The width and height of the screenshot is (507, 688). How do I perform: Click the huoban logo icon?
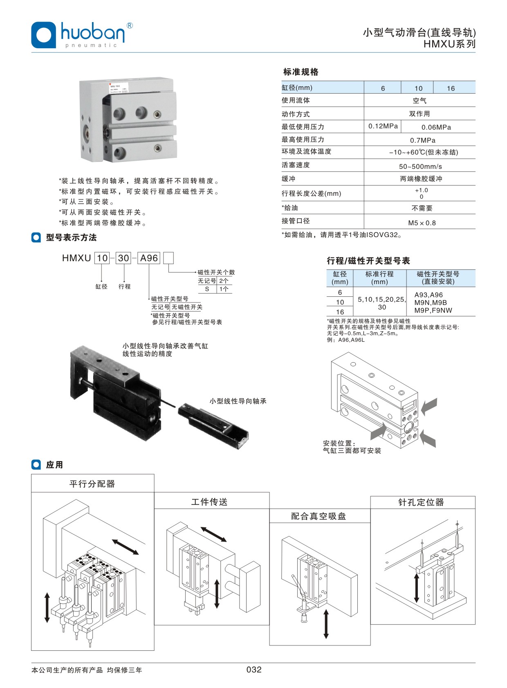pos(43,35)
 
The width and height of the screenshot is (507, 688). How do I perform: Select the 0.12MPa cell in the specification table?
pos(383,126)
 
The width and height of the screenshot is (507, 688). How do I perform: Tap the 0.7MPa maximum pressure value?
pos(422,140)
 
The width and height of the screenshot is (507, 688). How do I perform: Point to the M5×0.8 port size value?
pos(422,223)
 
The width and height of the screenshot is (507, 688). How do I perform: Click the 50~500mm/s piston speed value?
pos(420,166)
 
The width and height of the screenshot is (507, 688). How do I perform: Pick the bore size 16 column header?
pos(451,88)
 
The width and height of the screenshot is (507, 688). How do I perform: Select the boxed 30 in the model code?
pos(123,258)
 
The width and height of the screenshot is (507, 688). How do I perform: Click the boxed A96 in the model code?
pos(149,258)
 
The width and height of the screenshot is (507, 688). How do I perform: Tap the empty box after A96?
pos(168,258)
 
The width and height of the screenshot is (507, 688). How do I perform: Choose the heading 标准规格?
pos(301,72)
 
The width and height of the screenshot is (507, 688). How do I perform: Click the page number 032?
pos(254,670)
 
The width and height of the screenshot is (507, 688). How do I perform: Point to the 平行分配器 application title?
pos(92,484)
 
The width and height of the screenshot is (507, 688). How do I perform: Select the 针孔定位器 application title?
pos(421,502)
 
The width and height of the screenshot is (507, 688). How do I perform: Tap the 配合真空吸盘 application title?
pos(319,516)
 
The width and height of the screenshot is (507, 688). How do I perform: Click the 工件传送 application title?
pos(209,502)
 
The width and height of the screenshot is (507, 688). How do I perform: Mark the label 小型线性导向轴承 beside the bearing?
pos(238,401)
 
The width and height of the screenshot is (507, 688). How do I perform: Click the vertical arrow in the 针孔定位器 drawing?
pos(417,588)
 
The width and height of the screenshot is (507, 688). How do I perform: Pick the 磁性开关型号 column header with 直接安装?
pos(438,278)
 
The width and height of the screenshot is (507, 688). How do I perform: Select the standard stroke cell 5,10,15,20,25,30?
pos(381,303)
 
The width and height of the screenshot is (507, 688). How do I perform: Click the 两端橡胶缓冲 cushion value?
pos(421,179)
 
